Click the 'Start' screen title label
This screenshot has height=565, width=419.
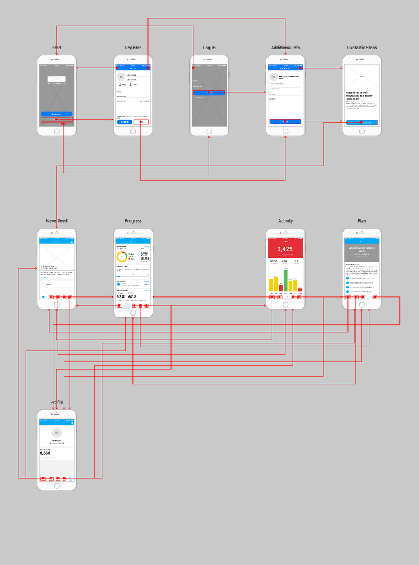click(56, 48)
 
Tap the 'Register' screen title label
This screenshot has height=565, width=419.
click(133, 48)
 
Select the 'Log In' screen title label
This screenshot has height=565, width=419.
click(209, 48)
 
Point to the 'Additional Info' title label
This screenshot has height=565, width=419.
click(285, 48)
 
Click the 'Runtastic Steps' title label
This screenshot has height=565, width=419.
click(361, 48)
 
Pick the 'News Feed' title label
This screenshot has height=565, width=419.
click(56, 221)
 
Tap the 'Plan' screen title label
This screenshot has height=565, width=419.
click(361, 221)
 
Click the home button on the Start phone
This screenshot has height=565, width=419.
click(56, 131)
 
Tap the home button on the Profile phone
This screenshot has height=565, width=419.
click(56, 486)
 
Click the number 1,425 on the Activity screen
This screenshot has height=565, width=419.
click(285, 249)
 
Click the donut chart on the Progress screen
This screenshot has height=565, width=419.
click(122, 256)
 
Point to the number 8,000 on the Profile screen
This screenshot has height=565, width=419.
click(45, 453)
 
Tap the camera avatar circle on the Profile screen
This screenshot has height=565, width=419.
click(56, 432)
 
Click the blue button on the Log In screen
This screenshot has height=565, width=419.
click(209, 92)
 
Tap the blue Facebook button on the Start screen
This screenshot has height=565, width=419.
click(56, 114)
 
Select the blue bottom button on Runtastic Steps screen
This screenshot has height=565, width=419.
click(361, 122)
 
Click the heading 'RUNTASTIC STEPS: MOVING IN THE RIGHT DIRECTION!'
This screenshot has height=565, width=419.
click(360, 96)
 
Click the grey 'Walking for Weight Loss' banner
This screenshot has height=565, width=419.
click(361, 252)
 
